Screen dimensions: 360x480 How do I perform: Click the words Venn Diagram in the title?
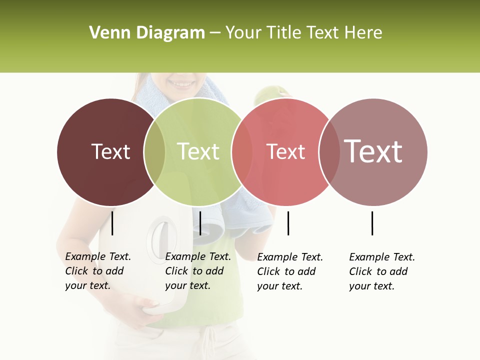point(147,33)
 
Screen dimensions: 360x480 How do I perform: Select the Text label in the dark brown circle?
point(110,151)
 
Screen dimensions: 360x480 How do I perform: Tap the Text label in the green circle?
point(198,151)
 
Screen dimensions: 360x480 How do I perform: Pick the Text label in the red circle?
point(285,152)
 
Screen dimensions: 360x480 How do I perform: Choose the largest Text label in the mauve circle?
point(373,151)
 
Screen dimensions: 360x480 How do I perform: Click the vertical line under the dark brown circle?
point(112,223)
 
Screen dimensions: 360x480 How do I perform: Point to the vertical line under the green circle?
point(200,223)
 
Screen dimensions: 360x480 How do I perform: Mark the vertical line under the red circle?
point(288,223)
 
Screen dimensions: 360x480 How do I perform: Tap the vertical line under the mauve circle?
point(372,223)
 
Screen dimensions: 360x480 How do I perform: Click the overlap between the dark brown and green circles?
point(154,152)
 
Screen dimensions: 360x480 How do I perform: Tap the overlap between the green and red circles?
point(242,152)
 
